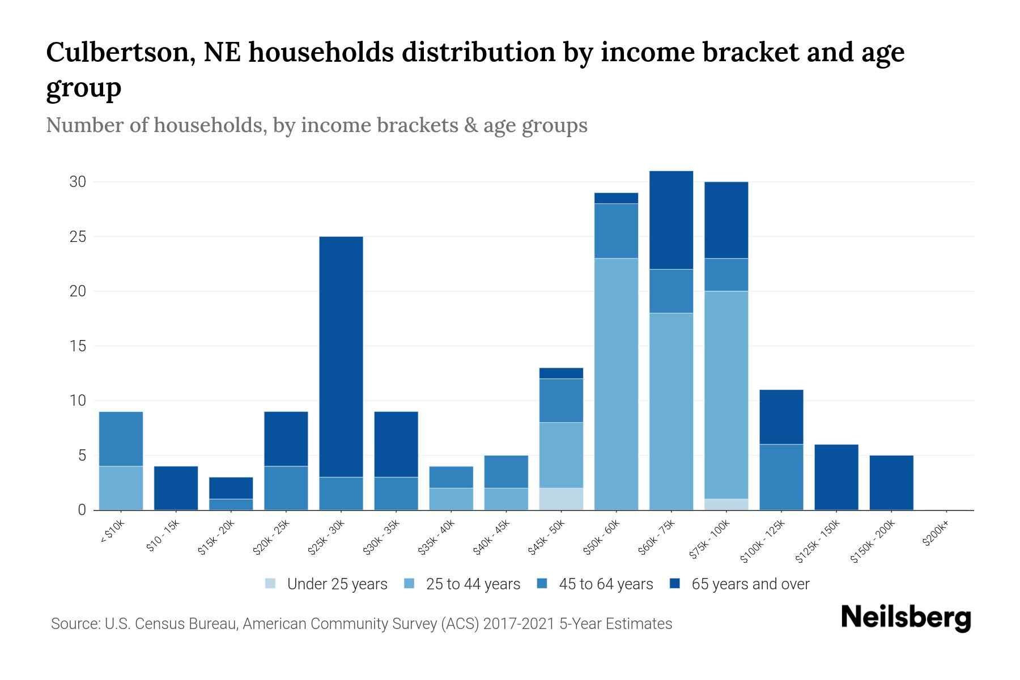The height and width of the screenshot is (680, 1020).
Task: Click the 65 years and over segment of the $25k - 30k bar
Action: click(x=341, y=356)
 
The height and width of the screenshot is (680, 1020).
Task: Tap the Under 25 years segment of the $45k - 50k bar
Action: click(x=561, y=499)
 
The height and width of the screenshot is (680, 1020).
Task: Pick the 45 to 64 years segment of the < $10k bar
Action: click(x=121, y=439)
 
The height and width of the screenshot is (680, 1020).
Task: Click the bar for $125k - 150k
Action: click(x=836, y=477)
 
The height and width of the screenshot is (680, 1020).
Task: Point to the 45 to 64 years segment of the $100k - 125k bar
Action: click(x=781, y=477)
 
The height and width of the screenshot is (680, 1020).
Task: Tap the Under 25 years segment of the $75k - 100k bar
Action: click(x=726, y=504)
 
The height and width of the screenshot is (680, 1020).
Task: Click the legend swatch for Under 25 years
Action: click(x=271, y=584)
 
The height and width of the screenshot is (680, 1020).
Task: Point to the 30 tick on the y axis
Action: click(x=78, y=182)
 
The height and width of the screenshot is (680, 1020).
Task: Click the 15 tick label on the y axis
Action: click(x=78, y=346)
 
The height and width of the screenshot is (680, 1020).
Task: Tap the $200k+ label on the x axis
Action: click(x=936, y=535)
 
